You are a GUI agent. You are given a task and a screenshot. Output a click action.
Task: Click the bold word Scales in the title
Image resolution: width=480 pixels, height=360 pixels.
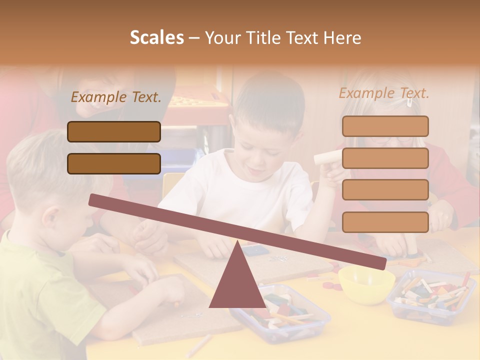(x=157, y=37)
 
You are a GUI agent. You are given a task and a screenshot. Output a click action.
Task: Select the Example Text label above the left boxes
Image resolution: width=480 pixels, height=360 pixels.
(x=116, y=97)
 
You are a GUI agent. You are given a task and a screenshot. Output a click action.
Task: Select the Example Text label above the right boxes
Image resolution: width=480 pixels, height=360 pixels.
(x=384, y=93)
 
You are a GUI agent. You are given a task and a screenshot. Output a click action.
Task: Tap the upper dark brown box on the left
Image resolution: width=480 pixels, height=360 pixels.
(x=114, y=131)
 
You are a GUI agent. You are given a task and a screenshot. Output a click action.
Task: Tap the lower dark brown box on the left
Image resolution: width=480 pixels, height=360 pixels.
(x=114, y=163)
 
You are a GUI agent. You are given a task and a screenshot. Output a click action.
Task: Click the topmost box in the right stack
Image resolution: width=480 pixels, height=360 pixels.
(x=385, y=126)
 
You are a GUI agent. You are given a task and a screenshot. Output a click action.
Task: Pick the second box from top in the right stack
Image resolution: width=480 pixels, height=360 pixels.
(x=385, y=158)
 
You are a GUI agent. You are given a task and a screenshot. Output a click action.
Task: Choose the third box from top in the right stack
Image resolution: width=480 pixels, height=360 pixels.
(x=385, y=190)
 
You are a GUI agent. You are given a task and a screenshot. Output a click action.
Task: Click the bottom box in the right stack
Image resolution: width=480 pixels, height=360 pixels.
(x=385, y=222)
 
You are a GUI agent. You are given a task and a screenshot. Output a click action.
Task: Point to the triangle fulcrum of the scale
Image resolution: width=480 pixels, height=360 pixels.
(x=237, y=282)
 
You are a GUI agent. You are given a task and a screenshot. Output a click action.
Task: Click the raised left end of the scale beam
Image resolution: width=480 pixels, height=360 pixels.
(x=95, y=200)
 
